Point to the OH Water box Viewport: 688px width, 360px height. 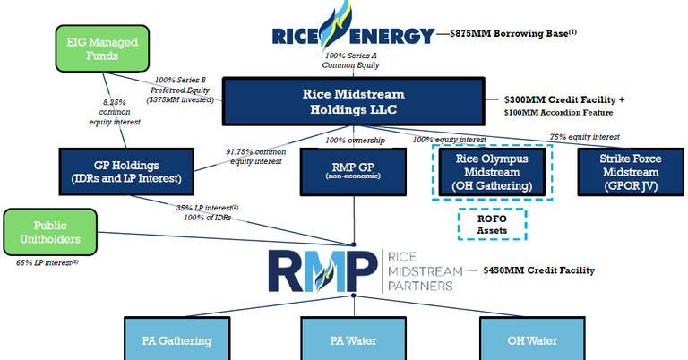click(x=534, y=340)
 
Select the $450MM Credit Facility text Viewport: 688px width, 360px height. click(x=537, y=270)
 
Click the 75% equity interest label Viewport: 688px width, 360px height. click(x=583, y=137)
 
